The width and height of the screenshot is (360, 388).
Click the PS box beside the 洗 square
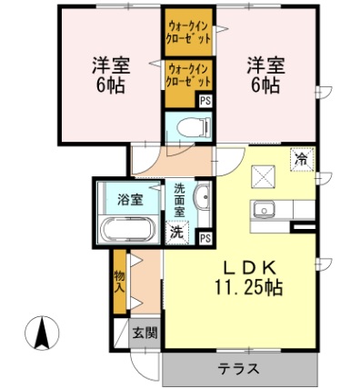(x=205, y=237)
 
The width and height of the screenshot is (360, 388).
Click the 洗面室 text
(x=180, y=199)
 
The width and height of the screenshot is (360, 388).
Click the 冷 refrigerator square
(x=300, y=159)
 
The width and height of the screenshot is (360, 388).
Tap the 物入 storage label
(x=119, y=280)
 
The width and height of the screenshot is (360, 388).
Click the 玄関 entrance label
(x=142, y=333)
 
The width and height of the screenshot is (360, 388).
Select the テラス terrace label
(x=239, y=369)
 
